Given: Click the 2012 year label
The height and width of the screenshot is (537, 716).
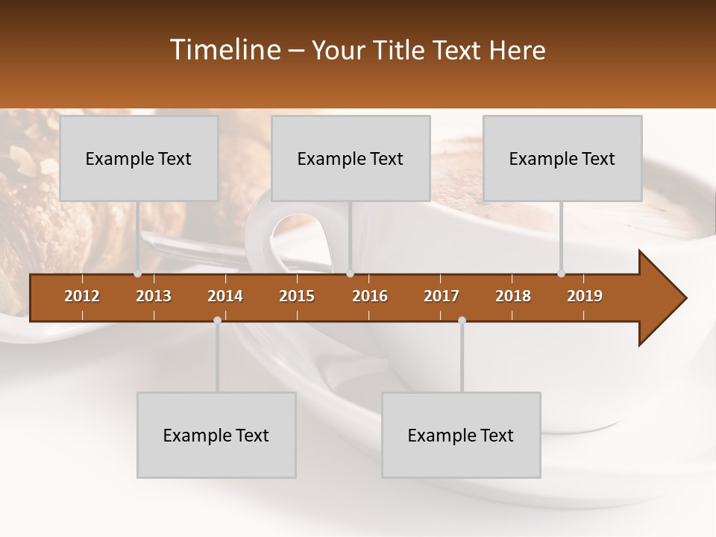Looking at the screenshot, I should click(x=82, y=296).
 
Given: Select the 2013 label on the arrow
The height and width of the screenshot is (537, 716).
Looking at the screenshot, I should click(x=154, y=296).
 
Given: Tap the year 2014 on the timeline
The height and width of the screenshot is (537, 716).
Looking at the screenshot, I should click(x=225, y=296).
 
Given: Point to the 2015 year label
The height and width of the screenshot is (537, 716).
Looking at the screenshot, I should click(x=297, y=296).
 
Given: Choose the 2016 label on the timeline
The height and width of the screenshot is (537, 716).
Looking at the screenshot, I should click(x=370, y=296).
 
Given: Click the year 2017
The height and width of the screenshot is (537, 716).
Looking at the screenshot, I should click(x=442, y=296).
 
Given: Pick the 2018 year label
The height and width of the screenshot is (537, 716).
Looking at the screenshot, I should click(x=513, y=296).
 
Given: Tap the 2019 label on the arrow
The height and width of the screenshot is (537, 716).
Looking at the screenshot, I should click(x=585, y=296).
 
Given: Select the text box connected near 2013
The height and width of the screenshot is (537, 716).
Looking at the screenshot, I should click(x=139, y=158).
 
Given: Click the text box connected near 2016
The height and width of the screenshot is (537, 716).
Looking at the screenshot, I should click(x=351, y=158).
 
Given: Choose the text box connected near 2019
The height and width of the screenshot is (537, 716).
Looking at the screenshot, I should click(x=562, y=158).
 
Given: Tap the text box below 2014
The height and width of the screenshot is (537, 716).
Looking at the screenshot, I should click(x=216, y=435).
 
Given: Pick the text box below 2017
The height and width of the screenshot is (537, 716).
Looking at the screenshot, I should click(x=461, y=435).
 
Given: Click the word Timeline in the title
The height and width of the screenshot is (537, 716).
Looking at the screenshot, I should click(x=225, y=50).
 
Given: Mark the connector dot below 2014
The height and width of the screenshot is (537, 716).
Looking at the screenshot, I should click(x=217, y=320).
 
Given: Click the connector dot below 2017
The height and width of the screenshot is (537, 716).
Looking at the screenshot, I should click(x=462, y=320).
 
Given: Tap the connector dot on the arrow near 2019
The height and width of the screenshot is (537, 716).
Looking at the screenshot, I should click(x=561, y=274).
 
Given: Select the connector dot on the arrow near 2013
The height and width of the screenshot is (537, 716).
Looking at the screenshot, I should click(x=137, y=274).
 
